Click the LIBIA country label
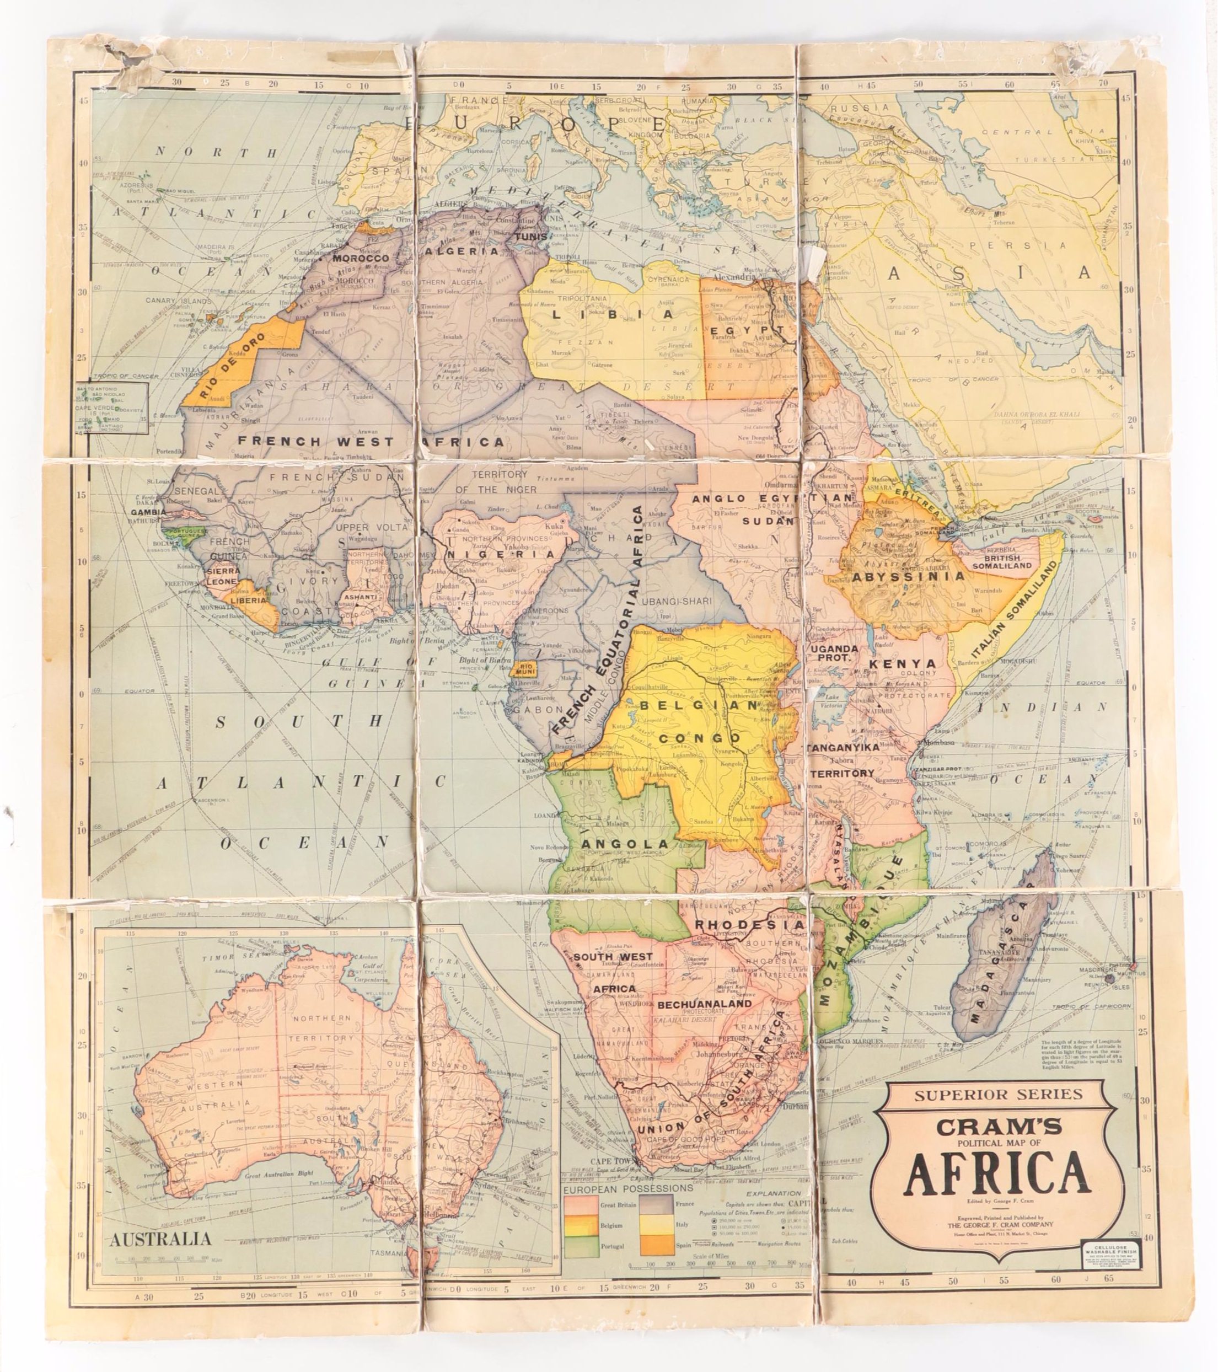611,314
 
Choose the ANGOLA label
625,844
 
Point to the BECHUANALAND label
705,1004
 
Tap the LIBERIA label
248,600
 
